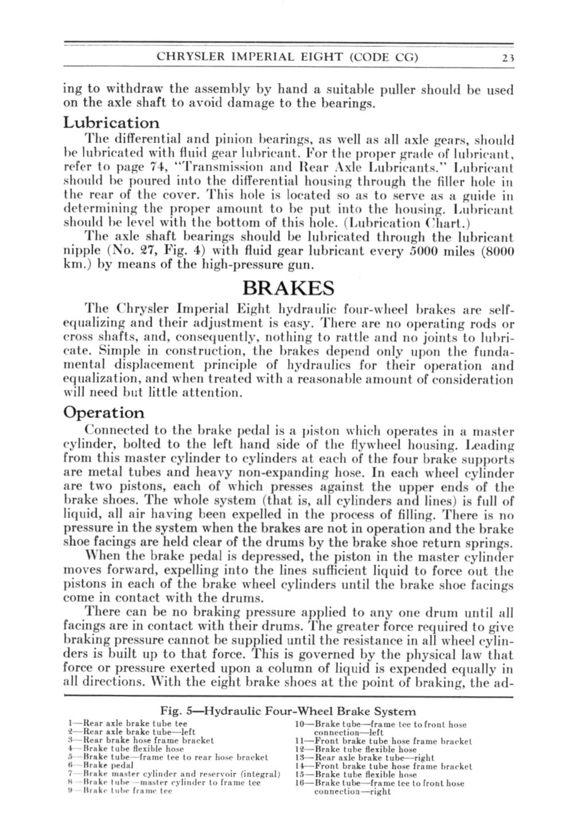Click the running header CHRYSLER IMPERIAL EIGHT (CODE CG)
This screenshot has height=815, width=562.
(287, 57)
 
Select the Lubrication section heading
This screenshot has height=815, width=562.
(111, 123)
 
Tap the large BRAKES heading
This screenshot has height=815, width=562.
(288, 287)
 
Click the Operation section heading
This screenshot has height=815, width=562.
(104, 412)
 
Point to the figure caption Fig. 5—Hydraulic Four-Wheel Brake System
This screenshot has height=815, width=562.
(288, 711)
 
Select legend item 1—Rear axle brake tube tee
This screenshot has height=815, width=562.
(128, 723)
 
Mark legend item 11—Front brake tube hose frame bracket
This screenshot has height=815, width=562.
(383, 740)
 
